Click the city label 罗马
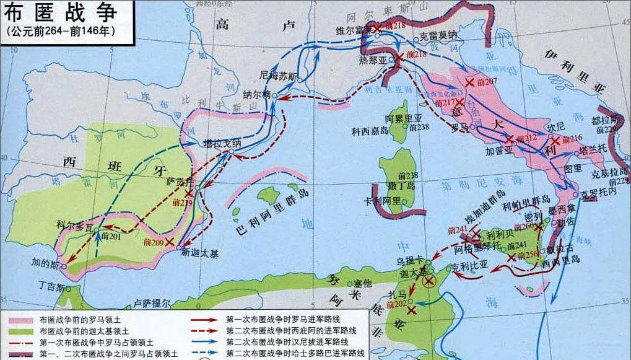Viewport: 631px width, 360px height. coord(459,127)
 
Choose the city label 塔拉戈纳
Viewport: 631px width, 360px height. coord(222,143)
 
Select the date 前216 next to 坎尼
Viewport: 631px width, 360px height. coord(570,138)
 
